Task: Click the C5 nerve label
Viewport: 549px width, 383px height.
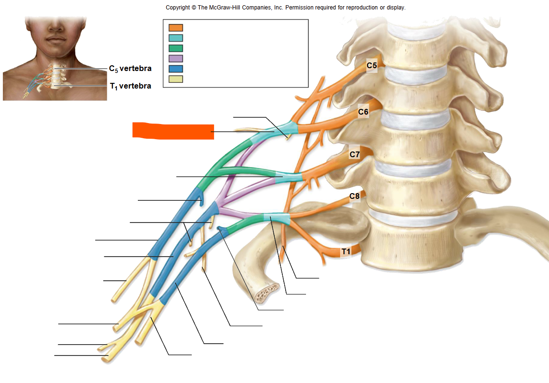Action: click(372, 65)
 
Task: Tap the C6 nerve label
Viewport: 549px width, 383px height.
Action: click(363, 112)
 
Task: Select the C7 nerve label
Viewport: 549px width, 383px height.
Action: click(355, 154)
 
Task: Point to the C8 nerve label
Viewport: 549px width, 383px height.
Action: click(354, 196)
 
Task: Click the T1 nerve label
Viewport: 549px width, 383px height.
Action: click(346, 251)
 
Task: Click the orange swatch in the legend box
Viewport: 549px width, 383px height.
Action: click(176, 27)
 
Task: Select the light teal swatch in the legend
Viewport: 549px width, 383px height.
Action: click(176, 38)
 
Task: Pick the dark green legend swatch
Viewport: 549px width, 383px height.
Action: click(176, 48)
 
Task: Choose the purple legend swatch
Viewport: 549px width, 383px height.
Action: click(176, 58)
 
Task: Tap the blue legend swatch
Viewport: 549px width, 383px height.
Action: click(176, 69)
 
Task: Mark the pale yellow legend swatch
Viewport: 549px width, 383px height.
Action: click(176, 79)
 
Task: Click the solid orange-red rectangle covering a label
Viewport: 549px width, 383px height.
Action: click(173, 131)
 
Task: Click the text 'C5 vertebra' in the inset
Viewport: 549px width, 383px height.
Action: click(130, 69)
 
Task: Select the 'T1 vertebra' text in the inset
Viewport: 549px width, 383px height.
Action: click(130, 86)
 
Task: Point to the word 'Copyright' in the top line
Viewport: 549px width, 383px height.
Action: click(178, 8)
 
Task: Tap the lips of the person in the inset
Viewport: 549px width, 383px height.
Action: click(56, 39)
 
